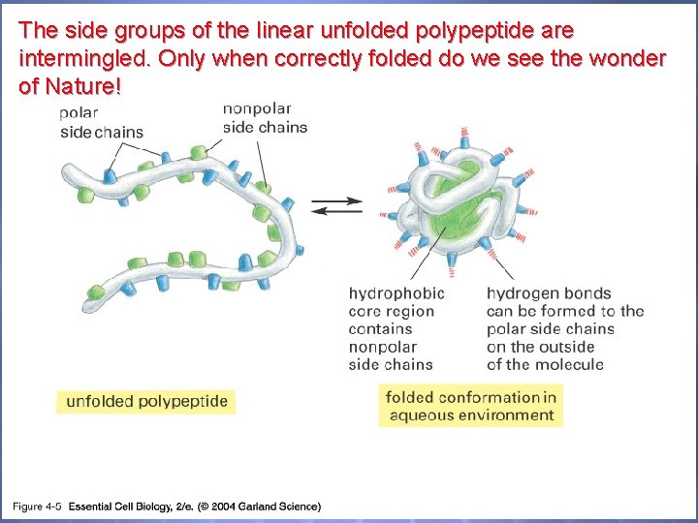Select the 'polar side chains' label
101,123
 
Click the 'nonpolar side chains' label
265,117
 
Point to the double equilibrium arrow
337,206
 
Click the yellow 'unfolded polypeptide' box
146,401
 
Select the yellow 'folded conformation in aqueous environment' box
471,406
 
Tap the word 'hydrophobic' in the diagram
397,293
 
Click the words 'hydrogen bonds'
549,293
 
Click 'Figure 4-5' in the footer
37,506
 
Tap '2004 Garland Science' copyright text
266,506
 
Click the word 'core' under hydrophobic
365,312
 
